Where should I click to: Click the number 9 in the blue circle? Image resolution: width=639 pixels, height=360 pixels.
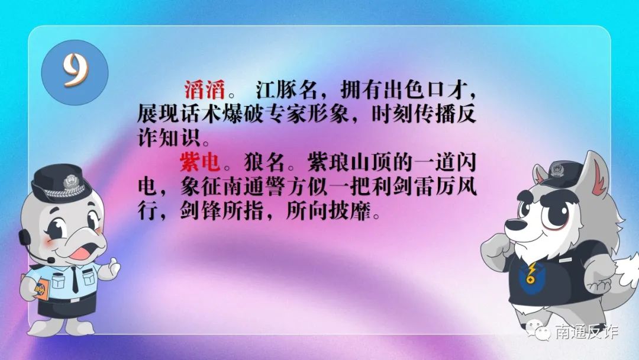click(x=75, y=70)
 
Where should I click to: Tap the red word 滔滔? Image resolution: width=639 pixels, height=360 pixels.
click(x=205, y=89)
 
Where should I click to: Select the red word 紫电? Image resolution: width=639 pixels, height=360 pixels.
click(x=200, y=162)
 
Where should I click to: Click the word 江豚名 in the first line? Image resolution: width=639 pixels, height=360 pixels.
click(x=286, y=89)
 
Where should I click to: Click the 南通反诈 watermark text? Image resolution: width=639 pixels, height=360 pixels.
click(x=587, y=332)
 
